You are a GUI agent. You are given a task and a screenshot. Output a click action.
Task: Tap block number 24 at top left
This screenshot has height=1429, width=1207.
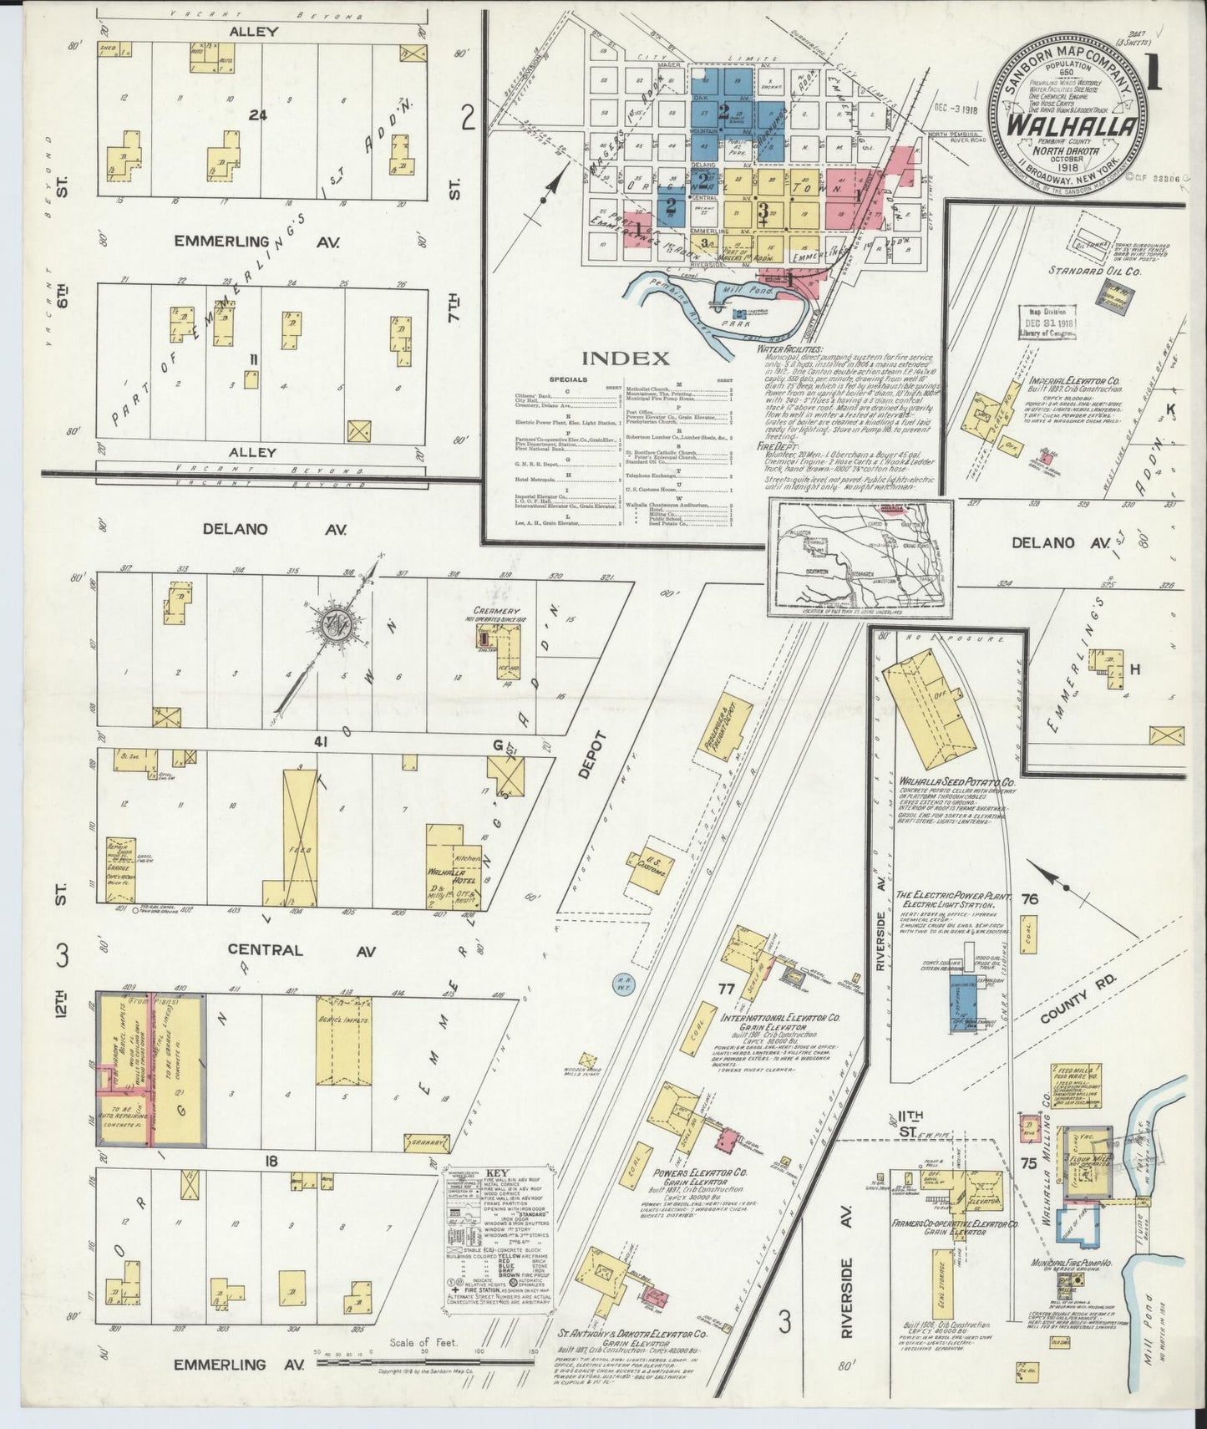(x=258, y=115)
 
